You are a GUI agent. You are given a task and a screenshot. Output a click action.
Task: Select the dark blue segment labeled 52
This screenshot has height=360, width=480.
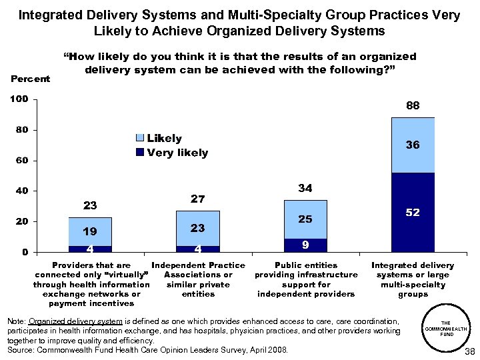tap(413, 212)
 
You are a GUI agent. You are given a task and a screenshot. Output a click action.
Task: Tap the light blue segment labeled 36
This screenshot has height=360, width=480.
tap(413, 145)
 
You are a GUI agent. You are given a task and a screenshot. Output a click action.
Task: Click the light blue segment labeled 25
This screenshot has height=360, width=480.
tap(305, 219)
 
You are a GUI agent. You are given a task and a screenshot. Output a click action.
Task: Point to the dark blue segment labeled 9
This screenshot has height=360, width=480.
tap(305, 245)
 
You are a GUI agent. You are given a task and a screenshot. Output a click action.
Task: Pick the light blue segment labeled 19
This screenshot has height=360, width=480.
tap(90, 231)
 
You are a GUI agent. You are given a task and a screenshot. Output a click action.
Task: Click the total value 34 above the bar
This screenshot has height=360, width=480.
tap(305, 189)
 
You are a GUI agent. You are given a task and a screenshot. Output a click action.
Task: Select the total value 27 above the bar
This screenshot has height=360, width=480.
tap(197, 199)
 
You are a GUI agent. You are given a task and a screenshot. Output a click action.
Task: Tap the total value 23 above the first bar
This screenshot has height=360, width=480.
tap(90, 205)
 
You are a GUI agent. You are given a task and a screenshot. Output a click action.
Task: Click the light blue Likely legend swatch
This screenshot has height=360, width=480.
tap(139, 139)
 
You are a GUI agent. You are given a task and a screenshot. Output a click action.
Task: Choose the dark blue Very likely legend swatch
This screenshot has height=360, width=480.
tap(139, 153)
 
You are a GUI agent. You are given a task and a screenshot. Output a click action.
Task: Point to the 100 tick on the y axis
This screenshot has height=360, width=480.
tap(18, 99)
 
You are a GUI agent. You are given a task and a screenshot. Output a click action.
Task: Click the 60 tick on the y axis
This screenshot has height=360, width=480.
tap(21, 161)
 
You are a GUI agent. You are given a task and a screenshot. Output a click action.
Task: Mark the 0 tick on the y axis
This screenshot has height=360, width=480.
tap(24, 252)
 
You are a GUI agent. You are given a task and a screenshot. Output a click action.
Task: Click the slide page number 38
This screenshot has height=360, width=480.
tap(469, 352)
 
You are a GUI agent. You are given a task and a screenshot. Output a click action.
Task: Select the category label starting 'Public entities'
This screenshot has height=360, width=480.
tap(305, 279)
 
